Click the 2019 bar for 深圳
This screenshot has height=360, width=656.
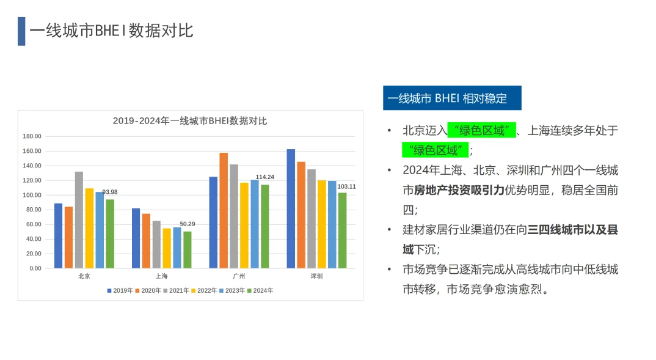[291, 208]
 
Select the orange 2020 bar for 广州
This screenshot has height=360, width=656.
[224, 210]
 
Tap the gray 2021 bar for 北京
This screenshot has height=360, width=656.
[79, 220]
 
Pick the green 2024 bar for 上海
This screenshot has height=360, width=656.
[188, 250]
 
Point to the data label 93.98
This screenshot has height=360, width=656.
[110, 192]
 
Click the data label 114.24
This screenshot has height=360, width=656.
[265, 177]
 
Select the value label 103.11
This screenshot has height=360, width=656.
[346, 186]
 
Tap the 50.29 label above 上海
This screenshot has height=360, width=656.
[188, 224]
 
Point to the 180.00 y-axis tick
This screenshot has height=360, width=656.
[32, 136]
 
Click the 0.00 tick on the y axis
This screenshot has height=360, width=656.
[35, 268]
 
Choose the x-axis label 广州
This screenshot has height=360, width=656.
[239, 276]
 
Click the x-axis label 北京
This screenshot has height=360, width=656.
[84, 276]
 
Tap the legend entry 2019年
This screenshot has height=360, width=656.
[120, 290]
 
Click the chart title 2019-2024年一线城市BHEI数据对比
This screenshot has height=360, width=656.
[190, 121]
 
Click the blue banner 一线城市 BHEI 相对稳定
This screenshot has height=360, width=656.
[452, 98]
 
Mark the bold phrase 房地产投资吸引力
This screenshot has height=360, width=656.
[459, 191]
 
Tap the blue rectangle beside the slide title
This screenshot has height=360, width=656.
[21, 31]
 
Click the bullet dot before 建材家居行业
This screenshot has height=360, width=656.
[390, 229]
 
